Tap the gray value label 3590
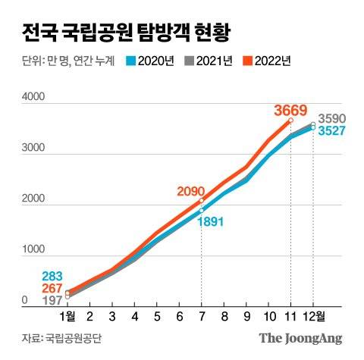tap(332, 119)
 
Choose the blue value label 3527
tap(332, 131)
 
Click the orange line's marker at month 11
tap(290, 121)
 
